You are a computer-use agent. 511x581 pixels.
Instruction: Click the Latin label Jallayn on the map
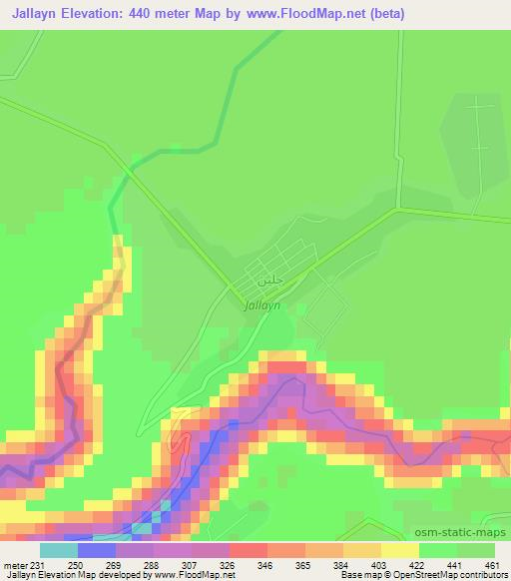pyautogui.click(x=262, y=307)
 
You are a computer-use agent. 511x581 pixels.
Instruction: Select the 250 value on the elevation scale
pyautogui.click(x=75, y=564)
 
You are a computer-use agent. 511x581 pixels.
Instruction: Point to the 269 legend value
pyautogui.click(x=114, y=564)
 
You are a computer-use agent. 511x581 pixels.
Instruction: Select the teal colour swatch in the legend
pyautogui.click(x=58, y=549)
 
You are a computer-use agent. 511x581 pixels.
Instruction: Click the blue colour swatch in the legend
pyautogui.click(x=96, y=549)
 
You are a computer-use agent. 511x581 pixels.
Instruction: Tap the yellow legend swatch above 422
pyautogui.click(x=400, y=549)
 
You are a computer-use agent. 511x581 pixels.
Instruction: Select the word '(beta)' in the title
pyautogui.click(x=380, y=11)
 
